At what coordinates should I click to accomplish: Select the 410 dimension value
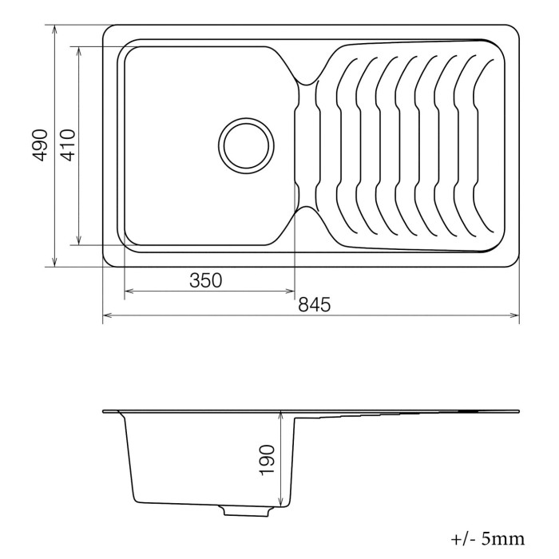pyautogui.click(x=67, y=145)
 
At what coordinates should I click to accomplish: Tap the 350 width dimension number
pyautogui.click(x=206, y=280)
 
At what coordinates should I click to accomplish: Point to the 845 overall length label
pyautogui.click(x=314, y=304)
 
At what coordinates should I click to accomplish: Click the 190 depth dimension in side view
pyautogui.click(x=267, y=460)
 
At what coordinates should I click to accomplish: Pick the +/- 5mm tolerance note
pyautogui.click(x=488, y=539)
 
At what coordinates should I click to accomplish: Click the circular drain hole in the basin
pyautogui.click(x=246, y=146)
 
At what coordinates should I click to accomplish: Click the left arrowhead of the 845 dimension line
pyautogui.click(x=107, y=315)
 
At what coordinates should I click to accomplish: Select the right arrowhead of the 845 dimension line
pyautogui.click(x=514, y=315)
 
